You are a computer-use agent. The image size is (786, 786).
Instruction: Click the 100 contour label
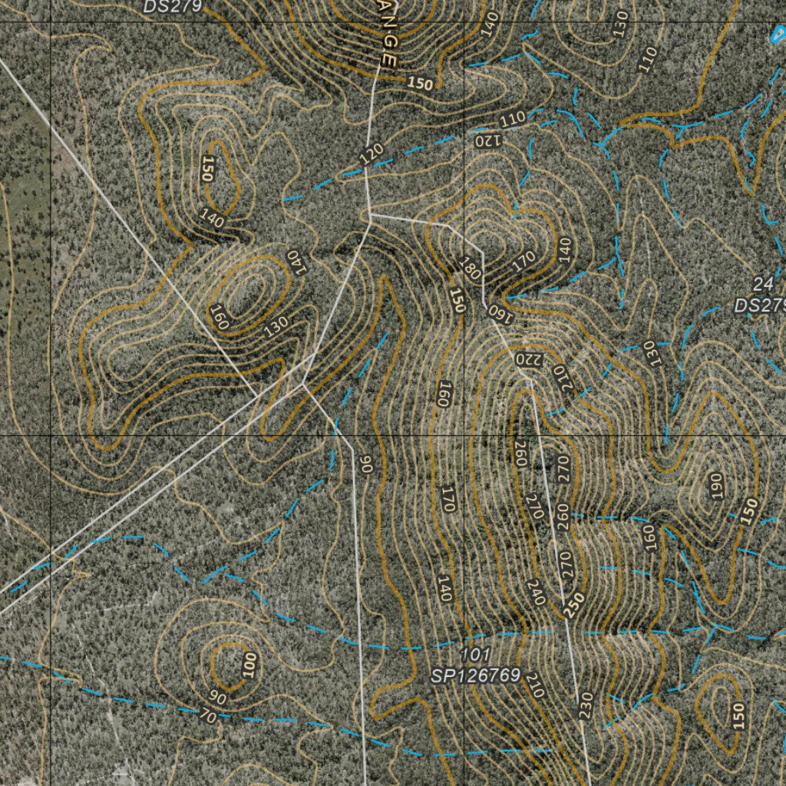(248, 665)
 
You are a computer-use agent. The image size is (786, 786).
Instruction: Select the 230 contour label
(585, 705)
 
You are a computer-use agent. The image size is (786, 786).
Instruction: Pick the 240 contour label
(536, 592)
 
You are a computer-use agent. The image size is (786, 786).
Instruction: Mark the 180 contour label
(470, 268)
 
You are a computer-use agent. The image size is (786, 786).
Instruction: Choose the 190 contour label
(716, 487)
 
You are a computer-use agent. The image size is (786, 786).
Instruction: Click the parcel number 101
(475, 655)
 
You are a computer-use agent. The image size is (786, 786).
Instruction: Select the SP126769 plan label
(476, 675)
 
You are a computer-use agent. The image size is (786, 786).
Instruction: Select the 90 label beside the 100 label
(218, 698)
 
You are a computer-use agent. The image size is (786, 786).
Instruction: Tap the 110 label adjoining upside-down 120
(512, 120)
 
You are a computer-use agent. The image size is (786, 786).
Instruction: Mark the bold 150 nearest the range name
(420, 84)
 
